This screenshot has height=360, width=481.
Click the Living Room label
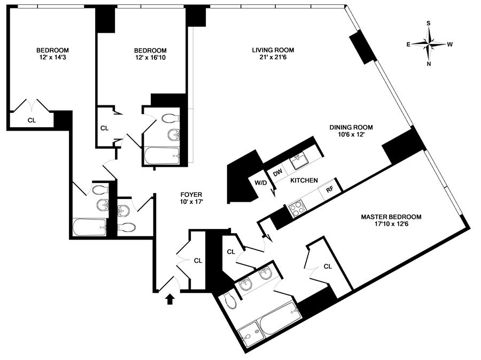pyautogui.click(x=273, y=50)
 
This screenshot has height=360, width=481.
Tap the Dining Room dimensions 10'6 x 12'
pyautogui.click(x=351, y=134)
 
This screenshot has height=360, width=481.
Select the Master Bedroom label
pyautogui.click(x=391, y=217)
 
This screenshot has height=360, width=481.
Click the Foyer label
pyautogui.click(x=191, y=195)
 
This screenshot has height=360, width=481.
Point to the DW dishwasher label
pyautogui.click(x=277, y=173)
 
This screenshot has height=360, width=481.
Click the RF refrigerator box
pyautogui.click(x=329, y=189)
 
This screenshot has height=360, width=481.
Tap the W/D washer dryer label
pyautogui.click(x=260, y=183)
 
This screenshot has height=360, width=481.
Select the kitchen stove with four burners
pyautogui.click(x=297, y=209)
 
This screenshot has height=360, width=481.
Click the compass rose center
pyautogui.click(x=429, y=44)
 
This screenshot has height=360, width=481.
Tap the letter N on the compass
pyautogui.click(x=429, y=64)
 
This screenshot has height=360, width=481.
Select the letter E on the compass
pyautogui.click(x=408, y=44)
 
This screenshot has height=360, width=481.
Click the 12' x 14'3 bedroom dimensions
pyautogui.click(x=52, y=57)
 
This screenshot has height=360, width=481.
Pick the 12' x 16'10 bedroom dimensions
pyautogui.click(x=150, y=57)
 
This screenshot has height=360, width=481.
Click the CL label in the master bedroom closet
pyautogui.click(x=328, y=266)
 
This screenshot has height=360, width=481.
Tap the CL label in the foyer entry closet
pyautogui.click(x=198, y=261)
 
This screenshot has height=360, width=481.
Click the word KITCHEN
pyautogui.click(x=304, y=180)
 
